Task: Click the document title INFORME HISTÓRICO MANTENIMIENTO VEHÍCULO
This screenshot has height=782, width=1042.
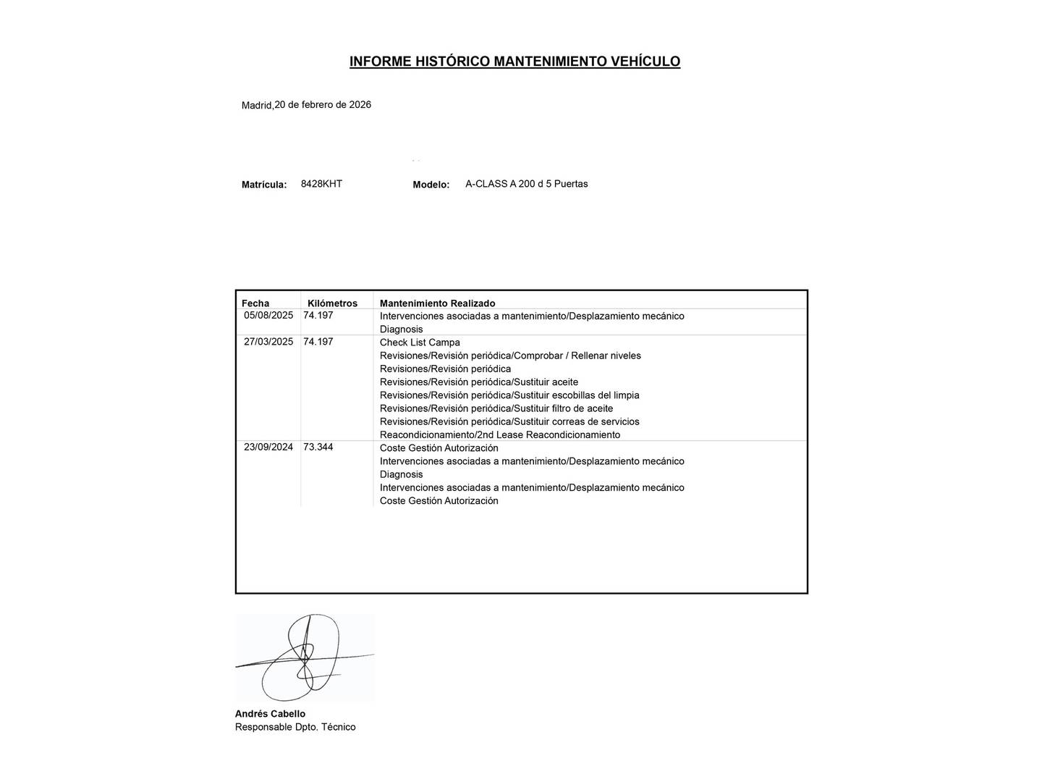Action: [x=514, y=62]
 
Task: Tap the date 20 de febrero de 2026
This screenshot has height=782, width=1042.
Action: [x=323, y=105]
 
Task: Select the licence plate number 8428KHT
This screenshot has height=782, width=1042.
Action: [x=321, y=184]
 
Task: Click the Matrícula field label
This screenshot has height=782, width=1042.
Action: [x=264, y=185]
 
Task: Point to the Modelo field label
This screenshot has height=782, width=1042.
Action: [x=431, y=185]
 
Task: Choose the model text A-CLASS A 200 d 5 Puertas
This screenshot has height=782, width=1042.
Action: [x=526, y=184]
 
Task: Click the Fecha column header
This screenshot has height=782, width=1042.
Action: [x=255, y=303]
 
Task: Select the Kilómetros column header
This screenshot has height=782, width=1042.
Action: [x=332, y=303]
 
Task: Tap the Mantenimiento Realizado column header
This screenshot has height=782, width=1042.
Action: [x=437, y=303]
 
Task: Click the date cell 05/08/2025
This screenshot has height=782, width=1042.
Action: [x=268, y=316]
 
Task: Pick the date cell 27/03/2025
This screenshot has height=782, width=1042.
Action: [x=268, y=342]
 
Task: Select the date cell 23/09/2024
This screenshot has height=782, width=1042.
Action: [x=268, y=447]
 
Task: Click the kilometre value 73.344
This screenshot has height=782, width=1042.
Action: [x=318, y=447]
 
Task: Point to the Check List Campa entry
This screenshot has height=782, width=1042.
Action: [x=420, y=342]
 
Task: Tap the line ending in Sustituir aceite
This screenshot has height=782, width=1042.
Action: [x=479, y=382]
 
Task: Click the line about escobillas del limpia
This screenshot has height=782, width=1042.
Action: [x=509, y=395]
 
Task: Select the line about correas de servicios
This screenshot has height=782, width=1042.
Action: [x=509, y=421]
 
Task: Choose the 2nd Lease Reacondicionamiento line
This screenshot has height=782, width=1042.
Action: [x=500, y=435]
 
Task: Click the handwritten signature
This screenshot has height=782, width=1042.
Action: [x=304, y=657]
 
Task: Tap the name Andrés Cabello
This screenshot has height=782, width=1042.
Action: [x=270, y=714]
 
